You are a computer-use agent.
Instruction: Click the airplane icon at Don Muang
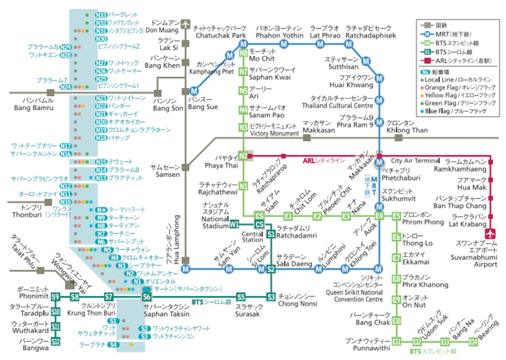[186, 23]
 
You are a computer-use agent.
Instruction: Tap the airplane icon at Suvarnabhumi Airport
[491, 234]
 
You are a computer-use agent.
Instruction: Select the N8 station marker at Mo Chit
[243, 53]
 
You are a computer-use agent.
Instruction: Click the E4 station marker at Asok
[379, 216]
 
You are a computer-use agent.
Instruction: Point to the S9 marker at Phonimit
[56, 297]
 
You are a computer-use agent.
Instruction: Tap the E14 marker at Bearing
[473, 341]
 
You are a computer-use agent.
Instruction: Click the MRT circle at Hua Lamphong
[186, 269]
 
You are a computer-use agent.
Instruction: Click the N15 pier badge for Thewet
[101, 162]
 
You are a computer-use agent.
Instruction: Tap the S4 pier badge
[114, 344]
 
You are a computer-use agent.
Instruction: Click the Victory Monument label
[274, 134]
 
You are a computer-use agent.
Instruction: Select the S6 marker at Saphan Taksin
[146, 297]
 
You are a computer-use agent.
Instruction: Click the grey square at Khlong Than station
[399, 138]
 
